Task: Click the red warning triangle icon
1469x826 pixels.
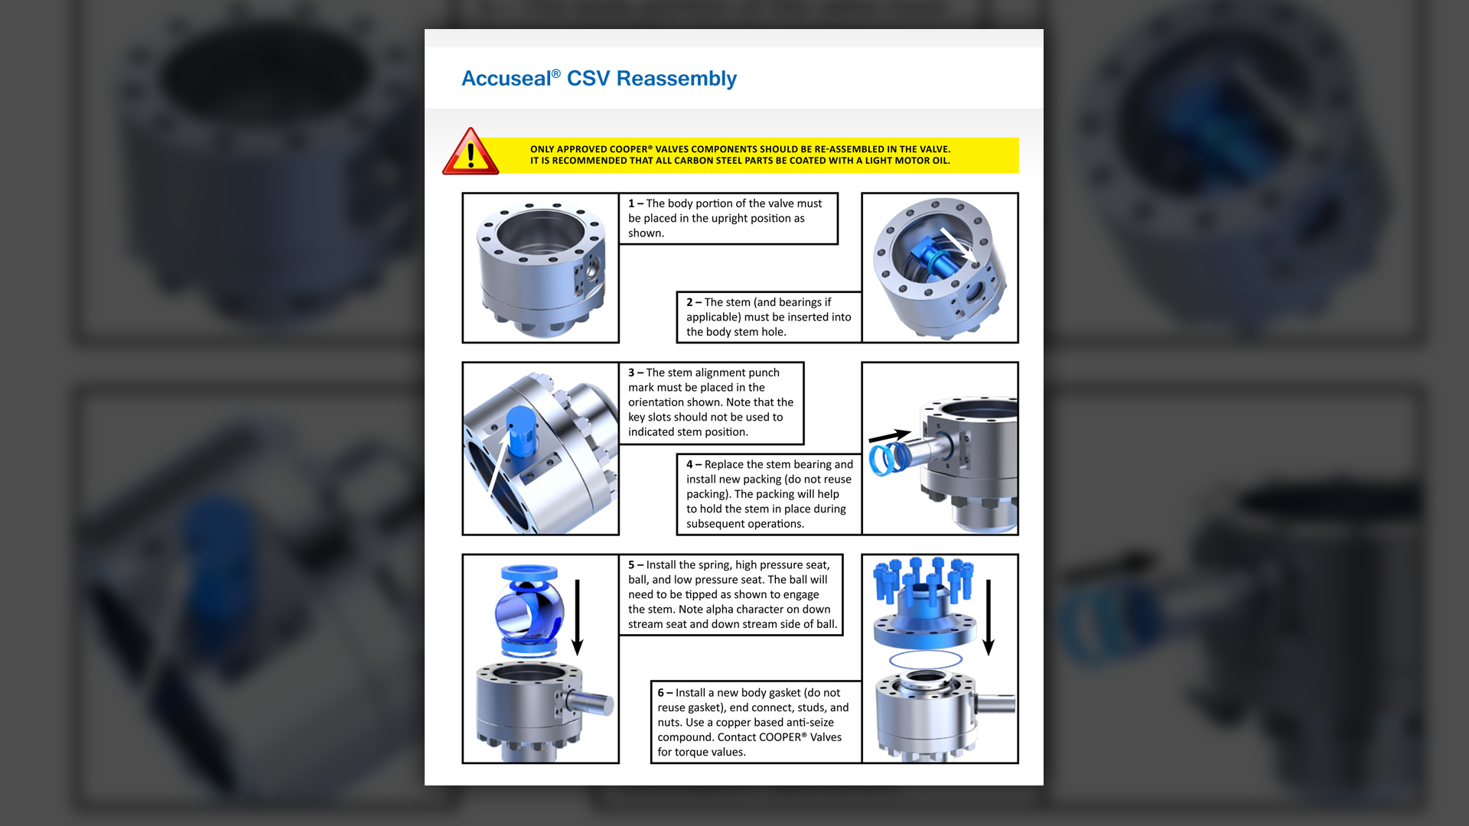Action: pos(471,151)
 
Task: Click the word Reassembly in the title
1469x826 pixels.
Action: pos(676,79)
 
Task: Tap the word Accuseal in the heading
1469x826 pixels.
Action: pos(506,79)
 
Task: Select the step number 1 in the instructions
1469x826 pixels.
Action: pos(631,203)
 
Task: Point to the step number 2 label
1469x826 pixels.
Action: pos(689,302)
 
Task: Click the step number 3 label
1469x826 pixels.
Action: pos(631,372)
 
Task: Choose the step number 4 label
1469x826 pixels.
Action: pos(689,464)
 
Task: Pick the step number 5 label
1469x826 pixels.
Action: pos(631,565)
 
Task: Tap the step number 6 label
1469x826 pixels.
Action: pos(661,693)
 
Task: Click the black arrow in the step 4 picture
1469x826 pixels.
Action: pos(890,436)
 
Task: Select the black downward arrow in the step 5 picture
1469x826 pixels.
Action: pos(578,617)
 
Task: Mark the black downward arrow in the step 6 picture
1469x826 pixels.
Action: pos(989,617)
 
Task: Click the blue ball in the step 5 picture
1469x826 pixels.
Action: pos(529,612)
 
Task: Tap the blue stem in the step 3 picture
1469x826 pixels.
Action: pos(521,432)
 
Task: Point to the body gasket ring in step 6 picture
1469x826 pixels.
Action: pos(926,659)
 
